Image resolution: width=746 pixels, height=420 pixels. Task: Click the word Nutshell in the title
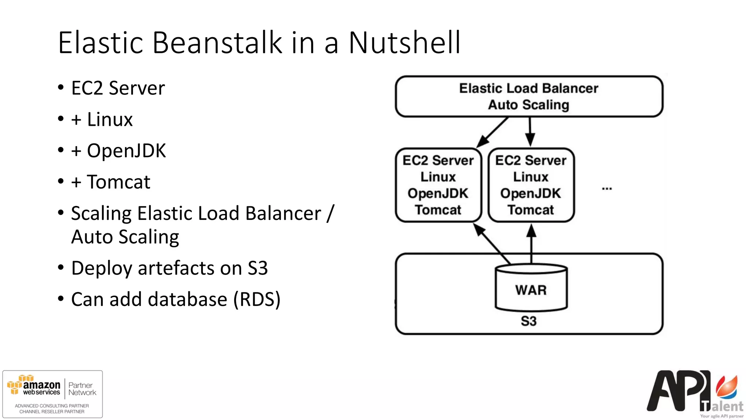(x=404, y=43)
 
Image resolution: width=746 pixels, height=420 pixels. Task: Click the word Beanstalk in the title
(x=217, y=43)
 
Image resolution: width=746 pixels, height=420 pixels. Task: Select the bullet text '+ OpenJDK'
(x=119, y=151)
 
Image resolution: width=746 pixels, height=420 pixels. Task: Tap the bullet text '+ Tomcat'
(x=111, y=182)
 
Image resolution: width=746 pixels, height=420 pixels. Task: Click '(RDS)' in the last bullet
(x=257, y=299)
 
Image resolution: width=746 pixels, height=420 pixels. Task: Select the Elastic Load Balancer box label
(x=529, y=88)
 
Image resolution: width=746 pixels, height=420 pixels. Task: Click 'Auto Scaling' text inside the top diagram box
(x=529, y=105)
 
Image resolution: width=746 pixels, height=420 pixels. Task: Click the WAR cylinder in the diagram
(x=531, y=289)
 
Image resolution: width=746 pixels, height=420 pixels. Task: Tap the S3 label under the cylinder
(x=529, y=321)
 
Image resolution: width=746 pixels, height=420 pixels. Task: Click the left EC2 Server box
(x=438, y=185)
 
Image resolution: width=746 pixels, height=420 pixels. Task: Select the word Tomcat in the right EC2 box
(x=531, y=210)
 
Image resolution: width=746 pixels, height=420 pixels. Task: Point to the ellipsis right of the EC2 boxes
(x=607, y=188)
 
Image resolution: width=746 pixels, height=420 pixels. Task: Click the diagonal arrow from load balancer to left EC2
(x=492, y=132)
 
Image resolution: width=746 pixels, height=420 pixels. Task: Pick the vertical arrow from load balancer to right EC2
(x=530, y=131)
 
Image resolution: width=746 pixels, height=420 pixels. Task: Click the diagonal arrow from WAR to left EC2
(x=492, y=243)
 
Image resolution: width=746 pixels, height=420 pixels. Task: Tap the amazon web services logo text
(x=41, y=388)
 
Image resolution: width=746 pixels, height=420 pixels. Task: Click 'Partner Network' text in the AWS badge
(x=82, y=389)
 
